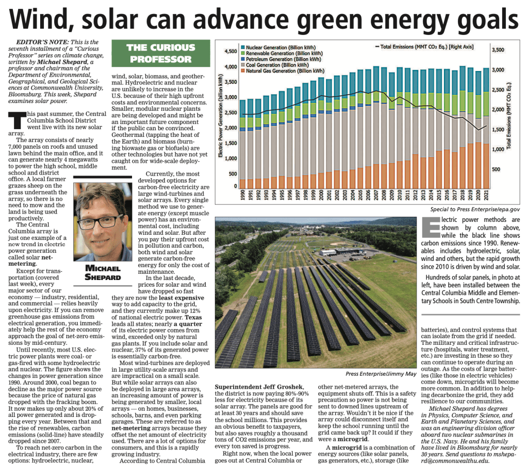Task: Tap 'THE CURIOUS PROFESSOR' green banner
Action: (x=160, y=54)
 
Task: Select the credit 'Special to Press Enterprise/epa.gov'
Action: (x=475, y=210)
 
